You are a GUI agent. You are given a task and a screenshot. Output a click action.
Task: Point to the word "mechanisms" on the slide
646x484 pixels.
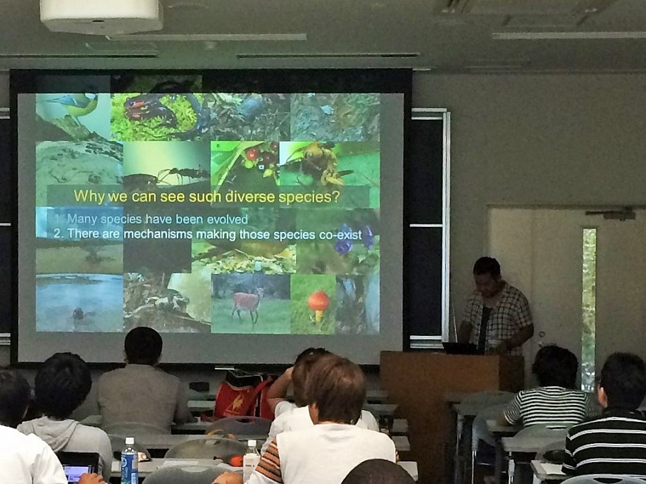click(x=158, y=234)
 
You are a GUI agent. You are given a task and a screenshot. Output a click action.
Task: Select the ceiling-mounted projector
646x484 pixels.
click(x=101, y=15)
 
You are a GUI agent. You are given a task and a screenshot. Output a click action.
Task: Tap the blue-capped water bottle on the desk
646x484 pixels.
click(x=129, y=461)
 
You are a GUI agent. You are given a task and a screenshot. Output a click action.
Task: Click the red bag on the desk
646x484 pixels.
click(x=243, y=396)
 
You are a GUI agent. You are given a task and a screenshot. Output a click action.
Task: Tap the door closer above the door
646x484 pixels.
click(x=611, y=213)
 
